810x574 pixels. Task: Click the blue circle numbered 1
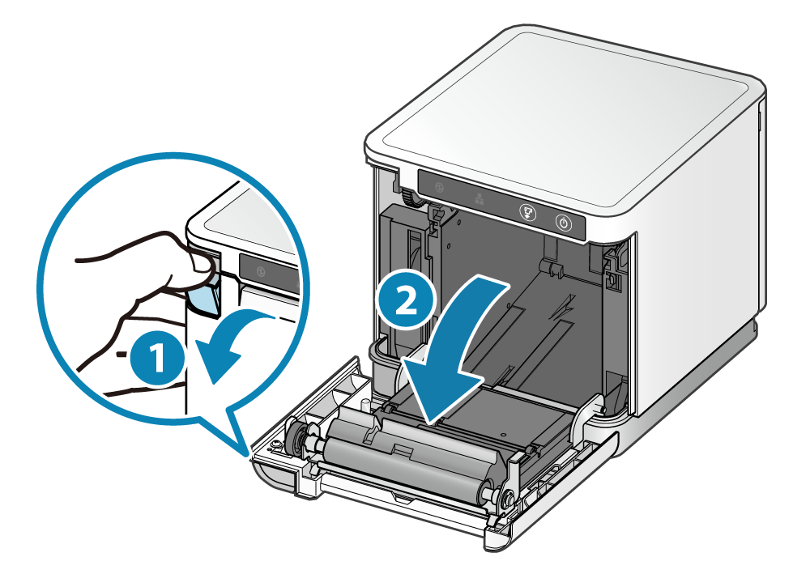(x=156, y=358)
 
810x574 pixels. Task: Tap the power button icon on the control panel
(x=564, y=223)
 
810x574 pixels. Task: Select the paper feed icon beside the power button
(x=528, y=212)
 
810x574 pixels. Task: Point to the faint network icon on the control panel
(x=479, y=199)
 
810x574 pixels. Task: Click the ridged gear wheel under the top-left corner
(x=411, y=197)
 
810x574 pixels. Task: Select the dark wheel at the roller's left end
(x=296, y=439)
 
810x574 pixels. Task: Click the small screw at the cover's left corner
(x=277, y=444)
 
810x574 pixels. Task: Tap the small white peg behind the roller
(x=365, y=406)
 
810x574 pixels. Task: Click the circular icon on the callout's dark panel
(x=261, y=273)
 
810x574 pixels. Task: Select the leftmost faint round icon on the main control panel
(x=439, y=188)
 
